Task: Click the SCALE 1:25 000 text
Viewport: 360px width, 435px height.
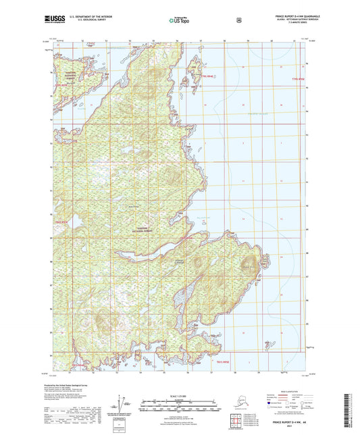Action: coord(179,395)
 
